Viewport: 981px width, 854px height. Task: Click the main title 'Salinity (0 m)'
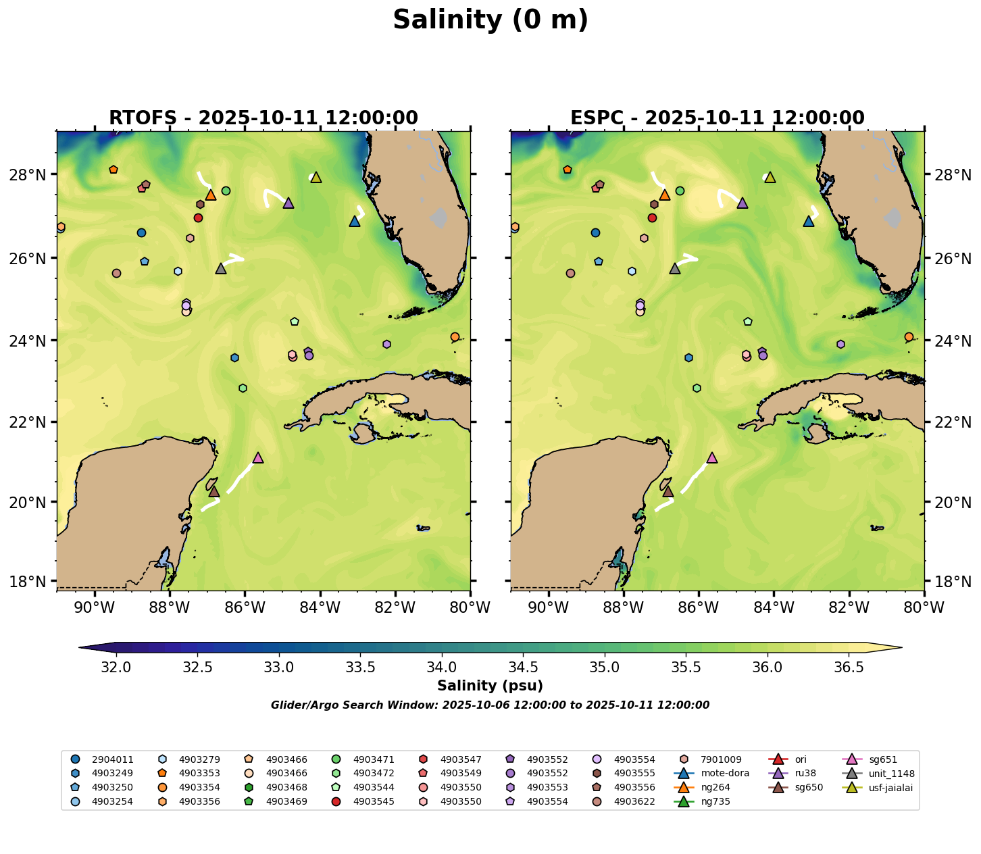pos(490,20)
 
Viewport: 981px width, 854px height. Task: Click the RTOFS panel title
pos(263,118)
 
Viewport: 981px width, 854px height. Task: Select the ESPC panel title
pos(718,118)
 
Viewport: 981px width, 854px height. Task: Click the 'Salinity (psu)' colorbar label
pos(490,686)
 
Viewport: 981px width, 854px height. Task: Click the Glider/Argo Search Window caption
pos(490,705)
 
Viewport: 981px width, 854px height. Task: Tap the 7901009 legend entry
pos(721,759)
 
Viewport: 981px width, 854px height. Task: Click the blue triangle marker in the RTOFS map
pos(355,222)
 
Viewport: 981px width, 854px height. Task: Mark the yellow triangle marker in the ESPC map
pos(770,178)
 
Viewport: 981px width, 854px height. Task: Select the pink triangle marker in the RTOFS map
pos(257,458)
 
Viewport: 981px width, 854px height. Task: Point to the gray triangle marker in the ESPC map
pos(674,269)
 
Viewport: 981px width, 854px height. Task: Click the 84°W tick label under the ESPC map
pos(774,608)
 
